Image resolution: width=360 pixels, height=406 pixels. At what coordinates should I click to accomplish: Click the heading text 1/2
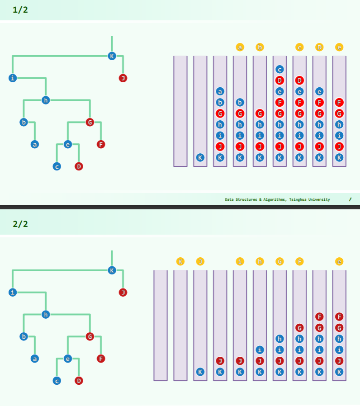tap(20, 9)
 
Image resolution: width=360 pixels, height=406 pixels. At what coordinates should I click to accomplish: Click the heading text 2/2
tap(20, 224)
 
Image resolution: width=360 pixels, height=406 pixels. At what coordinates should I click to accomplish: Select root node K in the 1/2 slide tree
tap(112, 56)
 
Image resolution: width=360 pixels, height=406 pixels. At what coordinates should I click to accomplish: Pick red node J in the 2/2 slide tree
tap(123, 293)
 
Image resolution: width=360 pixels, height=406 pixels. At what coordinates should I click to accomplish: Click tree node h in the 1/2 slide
tap(45, 100)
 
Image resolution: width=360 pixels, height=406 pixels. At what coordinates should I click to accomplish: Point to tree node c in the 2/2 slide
tap(57, 381)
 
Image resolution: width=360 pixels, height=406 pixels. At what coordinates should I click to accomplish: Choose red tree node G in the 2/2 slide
tap(90, 336)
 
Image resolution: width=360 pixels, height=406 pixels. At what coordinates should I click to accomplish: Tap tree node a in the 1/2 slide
tap(34, 145)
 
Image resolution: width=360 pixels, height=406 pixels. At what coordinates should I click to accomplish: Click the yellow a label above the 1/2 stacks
tap(240, 47)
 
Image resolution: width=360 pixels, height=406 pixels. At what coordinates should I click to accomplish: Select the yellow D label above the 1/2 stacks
tap(319, 47)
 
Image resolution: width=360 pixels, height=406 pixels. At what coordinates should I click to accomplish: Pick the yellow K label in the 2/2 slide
tap(180, 261)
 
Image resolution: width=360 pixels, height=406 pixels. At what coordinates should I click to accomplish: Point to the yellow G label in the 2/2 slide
tap(279, 261)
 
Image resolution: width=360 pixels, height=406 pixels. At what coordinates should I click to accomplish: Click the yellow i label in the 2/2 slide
tap(240, 261)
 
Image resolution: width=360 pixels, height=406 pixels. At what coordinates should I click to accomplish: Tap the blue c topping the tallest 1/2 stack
tap(279, 70)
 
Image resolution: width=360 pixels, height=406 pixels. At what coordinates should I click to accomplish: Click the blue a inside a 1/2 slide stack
tap(220, 91)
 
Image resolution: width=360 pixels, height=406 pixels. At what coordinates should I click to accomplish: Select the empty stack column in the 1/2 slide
tap(180, 111)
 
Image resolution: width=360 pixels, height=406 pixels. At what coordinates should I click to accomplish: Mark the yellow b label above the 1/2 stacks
tap(260, 47)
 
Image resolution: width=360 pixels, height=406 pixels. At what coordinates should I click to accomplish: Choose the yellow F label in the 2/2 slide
tap(299, 261)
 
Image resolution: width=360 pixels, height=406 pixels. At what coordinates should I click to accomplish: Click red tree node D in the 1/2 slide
tap(79, 166)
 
